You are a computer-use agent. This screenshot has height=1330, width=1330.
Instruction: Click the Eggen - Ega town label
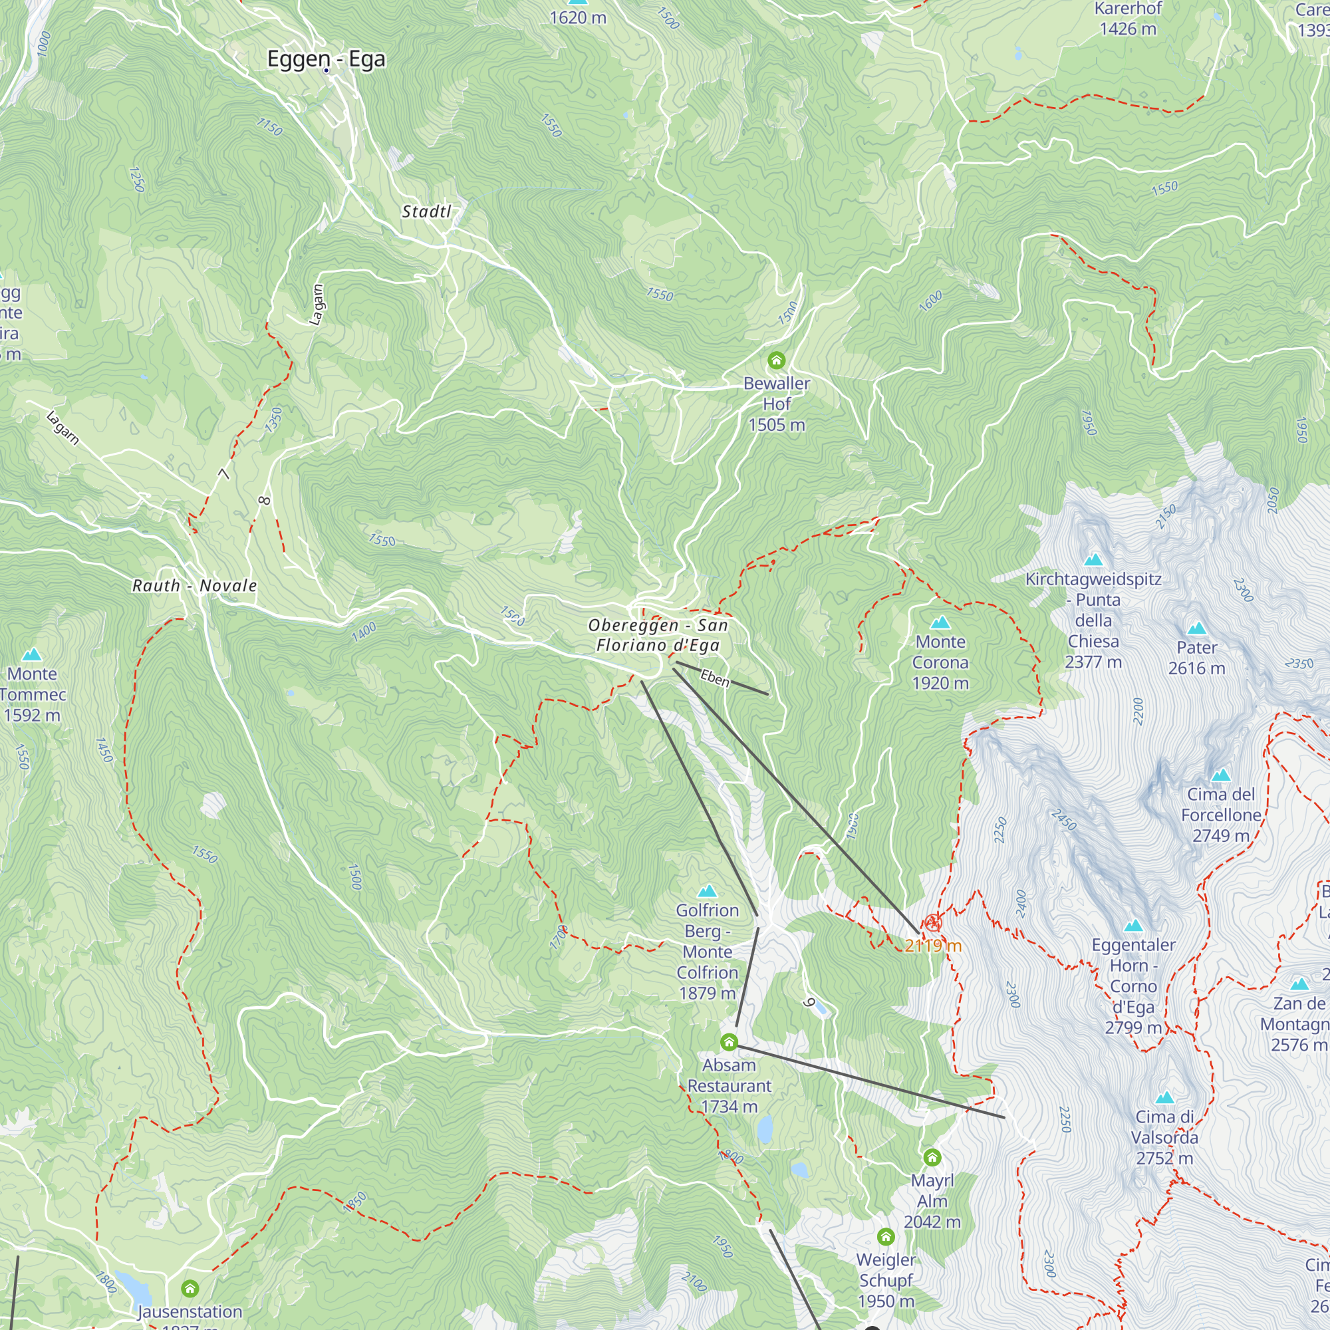tap(326, 59)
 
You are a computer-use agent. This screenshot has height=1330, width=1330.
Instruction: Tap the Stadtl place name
tap(426, 211)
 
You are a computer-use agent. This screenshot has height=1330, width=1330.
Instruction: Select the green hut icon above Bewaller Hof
tap(777, 360)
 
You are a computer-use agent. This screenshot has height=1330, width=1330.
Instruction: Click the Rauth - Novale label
tap(195, 586)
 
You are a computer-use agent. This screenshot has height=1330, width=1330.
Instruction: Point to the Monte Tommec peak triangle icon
tap(32, 654)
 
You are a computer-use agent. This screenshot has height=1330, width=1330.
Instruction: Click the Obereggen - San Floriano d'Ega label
tap(658, 635)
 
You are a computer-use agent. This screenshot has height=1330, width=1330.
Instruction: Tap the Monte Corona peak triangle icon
tap(940, 623)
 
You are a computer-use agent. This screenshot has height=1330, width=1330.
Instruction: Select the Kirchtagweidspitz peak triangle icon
tap(1093, 560)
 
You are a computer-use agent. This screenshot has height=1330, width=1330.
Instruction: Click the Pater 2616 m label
tap(1196, 658)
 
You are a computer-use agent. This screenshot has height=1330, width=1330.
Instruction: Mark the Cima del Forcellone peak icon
tap(1220, 775)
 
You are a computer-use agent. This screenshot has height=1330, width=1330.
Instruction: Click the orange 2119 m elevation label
tap(933, 946)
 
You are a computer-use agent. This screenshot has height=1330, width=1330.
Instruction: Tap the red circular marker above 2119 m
tap(933, 922)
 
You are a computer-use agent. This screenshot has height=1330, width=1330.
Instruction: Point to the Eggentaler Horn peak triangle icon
tap(1133, 926)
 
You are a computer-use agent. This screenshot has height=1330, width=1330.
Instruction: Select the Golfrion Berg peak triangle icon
tap(707, 892)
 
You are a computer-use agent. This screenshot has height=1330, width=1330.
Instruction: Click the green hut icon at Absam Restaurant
tap(729, 1042)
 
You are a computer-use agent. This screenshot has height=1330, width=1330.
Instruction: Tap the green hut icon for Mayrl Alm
tap(932, 1157)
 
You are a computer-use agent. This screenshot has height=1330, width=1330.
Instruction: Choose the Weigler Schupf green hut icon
tap(886, 1237)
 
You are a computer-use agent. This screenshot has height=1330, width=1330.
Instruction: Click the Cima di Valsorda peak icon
tap(1164, 1097)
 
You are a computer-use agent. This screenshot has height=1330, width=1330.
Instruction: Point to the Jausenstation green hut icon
tap(190, 1288)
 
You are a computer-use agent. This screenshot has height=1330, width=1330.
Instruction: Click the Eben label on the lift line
tap(715, 679)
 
